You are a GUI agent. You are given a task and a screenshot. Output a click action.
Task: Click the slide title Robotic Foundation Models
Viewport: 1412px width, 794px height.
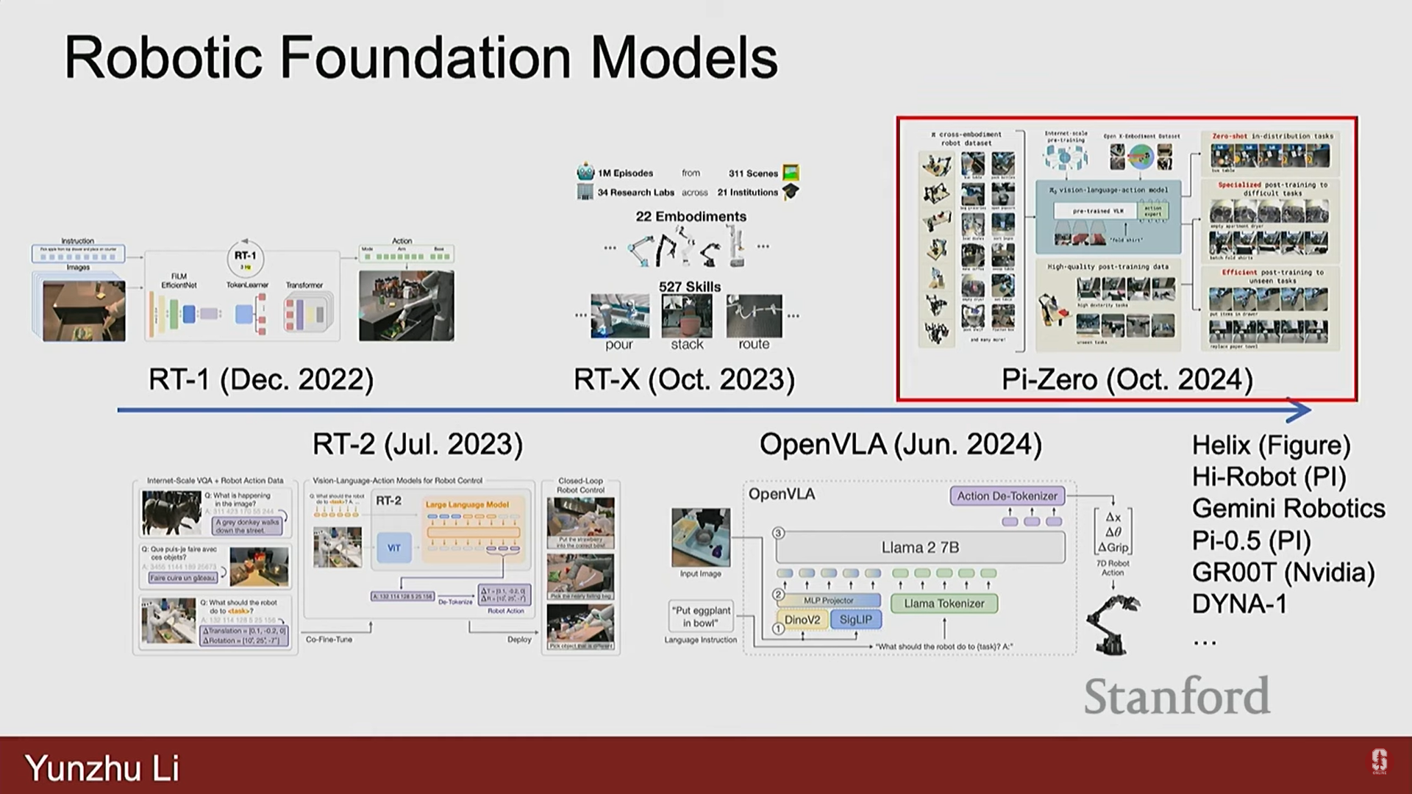tap(421, 57)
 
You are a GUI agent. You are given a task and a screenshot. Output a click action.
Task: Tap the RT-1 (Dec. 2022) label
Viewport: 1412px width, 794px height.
tap(261, 379)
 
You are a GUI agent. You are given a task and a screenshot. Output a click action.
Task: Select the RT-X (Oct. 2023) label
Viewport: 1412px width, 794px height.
tap(684, 379)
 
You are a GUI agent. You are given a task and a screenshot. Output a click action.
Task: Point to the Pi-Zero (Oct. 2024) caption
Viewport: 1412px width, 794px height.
tap(1127, 379)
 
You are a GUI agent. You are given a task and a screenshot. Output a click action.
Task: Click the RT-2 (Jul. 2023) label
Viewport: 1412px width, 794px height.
tap(418, 444)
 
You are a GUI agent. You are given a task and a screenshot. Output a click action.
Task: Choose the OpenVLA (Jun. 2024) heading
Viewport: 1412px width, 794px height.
tap(900, 444)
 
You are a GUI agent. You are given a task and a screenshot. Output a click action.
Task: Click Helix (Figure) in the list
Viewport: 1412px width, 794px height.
tap(1271, 445)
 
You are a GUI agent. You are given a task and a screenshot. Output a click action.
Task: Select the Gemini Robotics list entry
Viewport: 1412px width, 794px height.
tap(1288, 508)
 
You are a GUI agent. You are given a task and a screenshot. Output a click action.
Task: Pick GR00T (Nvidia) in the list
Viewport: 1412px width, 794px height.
tap(1283, 572)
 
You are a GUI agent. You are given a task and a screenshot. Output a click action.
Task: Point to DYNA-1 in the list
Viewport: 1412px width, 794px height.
tap(1239, 604)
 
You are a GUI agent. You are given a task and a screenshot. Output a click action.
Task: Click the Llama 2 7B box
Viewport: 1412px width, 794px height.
tap(920, 547)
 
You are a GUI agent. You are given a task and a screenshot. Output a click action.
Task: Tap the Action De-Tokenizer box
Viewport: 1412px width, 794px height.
tap(1007, 496)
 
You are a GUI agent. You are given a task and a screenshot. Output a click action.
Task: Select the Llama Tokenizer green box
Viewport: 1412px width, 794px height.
tap(944, 604)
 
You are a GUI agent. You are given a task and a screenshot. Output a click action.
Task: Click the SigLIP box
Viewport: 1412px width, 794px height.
tap(855, 620)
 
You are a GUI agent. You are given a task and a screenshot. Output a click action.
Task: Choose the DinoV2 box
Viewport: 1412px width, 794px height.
tap(802, 620)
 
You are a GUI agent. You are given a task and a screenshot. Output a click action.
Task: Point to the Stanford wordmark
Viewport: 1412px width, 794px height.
tap(1177, 695)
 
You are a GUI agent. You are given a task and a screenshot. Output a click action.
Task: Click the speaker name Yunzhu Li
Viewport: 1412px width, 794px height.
tap(102, 768)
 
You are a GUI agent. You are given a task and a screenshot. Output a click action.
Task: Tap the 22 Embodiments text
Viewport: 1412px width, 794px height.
tap(691, 216)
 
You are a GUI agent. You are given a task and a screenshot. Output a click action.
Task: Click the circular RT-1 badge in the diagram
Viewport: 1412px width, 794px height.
tap(246, 258)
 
